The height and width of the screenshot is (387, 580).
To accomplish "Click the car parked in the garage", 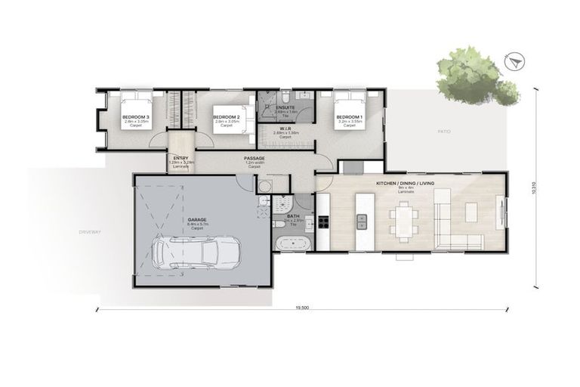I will pyautogui.click(x=196, y=251).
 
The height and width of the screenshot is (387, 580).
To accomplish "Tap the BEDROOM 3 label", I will pyautogui.click(x=136, y=116).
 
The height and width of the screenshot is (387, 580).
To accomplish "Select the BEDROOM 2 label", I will pyautogui.click(x=227, y=116).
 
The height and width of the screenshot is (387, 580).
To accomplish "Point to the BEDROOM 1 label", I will pyautogui.click(x=349, y=116).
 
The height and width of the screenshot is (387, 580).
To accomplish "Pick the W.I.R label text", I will pyautogui.click(x=285, y=128).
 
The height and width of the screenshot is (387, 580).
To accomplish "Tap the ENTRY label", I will pyautogui.click(x=180, y=158).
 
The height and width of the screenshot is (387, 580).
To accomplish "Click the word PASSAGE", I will pyautogui.click(x=253, y=158).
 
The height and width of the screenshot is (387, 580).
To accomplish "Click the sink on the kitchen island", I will pyautogui.click(x=362, y=221).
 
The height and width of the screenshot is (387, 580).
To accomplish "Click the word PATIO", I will pyautogui.click(x=444, y=132).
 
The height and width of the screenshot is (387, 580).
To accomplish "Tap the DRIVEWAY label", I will pyautogui.click(x=88, y=231).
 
